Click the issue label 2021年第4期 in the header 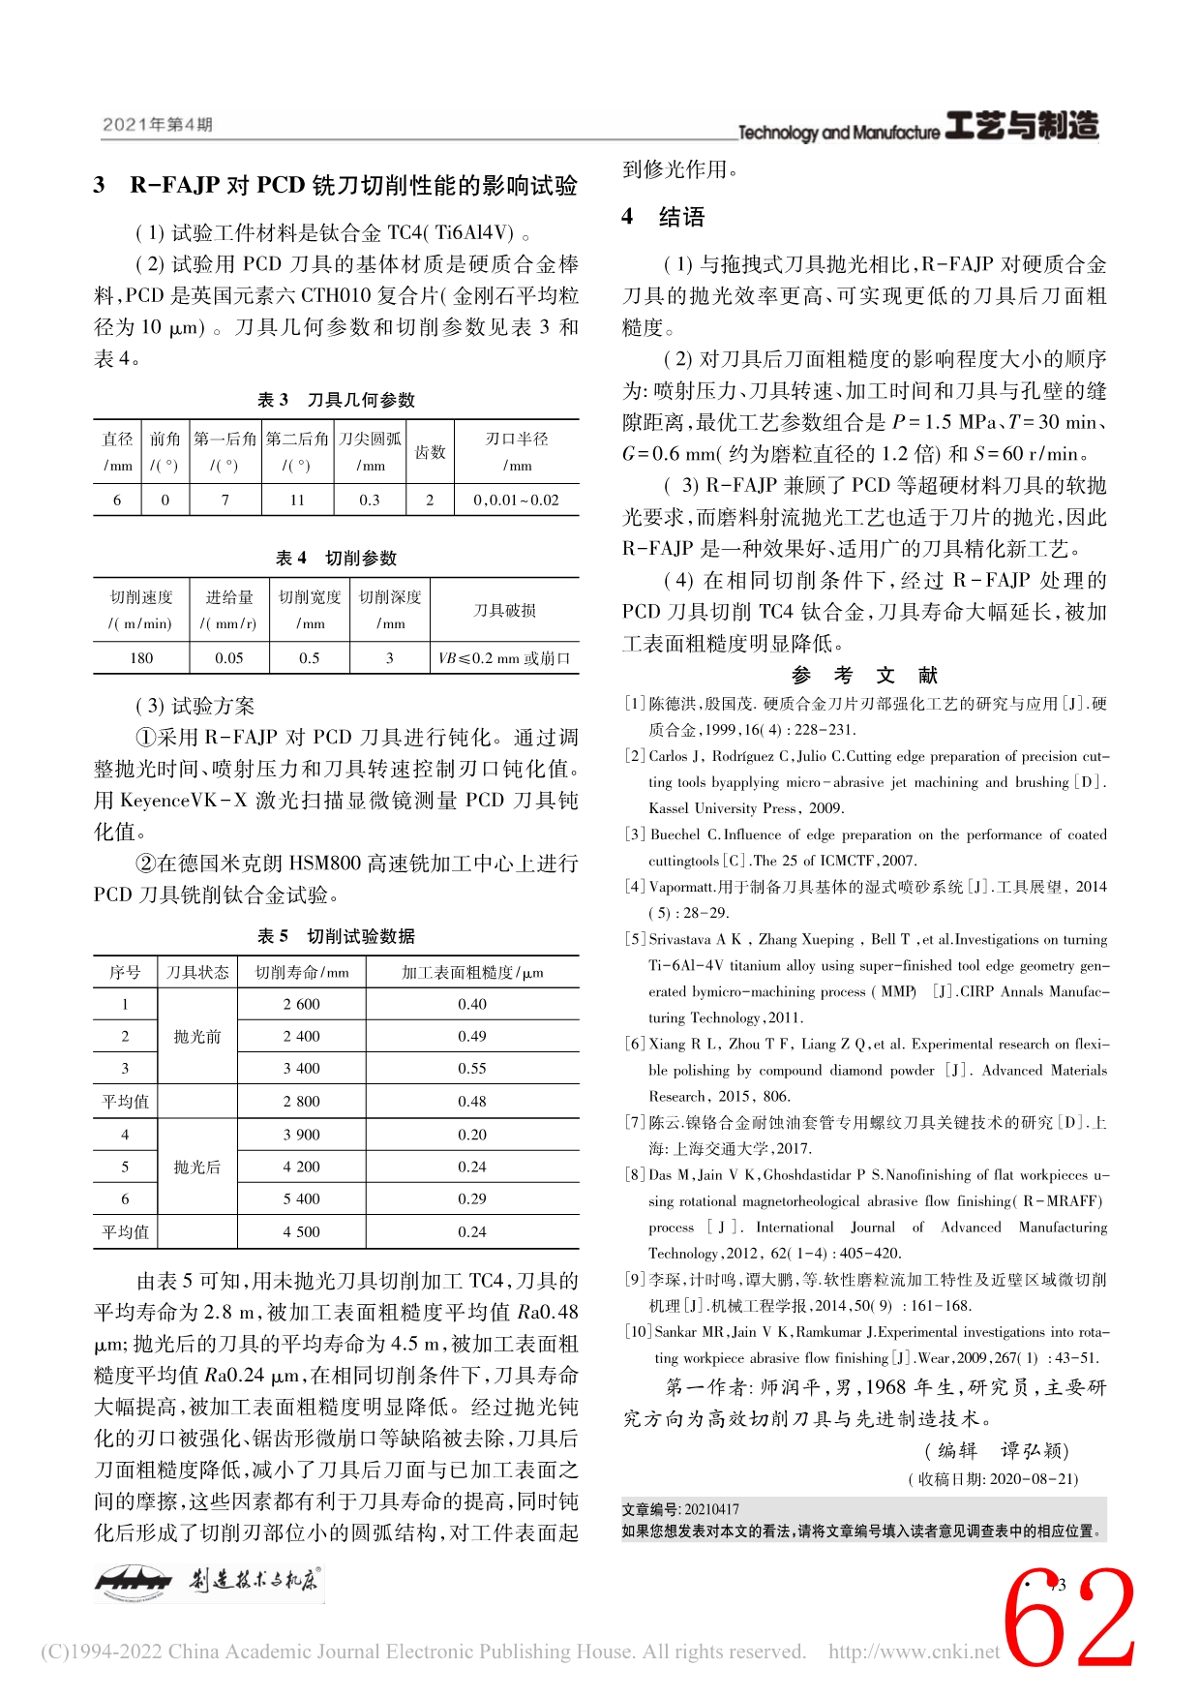[157, 125]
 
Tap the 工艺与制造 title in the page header [1022, 127]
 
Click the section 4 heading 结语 [681, 217]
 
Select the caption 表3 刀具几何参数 [336, 400]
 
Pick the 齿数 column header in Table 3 [430, 452]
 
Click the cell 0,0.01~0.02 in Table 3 [517, 500]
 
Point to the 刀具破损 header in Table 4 [505, 610]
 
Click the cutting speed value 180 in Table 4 [141, 658]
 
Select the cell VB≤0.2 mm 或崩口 [505, 658]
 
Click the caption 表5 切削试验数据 [336, 936]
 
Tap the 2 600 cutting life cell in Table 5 [301, 1005]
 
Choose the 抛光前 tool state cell [197, 1037]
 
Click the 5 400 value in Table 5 [301, 1199]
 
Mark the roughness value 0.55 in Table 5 [472, 1069]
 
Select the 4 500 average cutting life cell [301, 1232]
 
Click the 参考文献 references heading [864, 675]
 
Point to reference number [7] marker [635, 1123]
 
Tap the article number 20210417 [711, 1509]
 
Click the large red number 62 [1069, 1619]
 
